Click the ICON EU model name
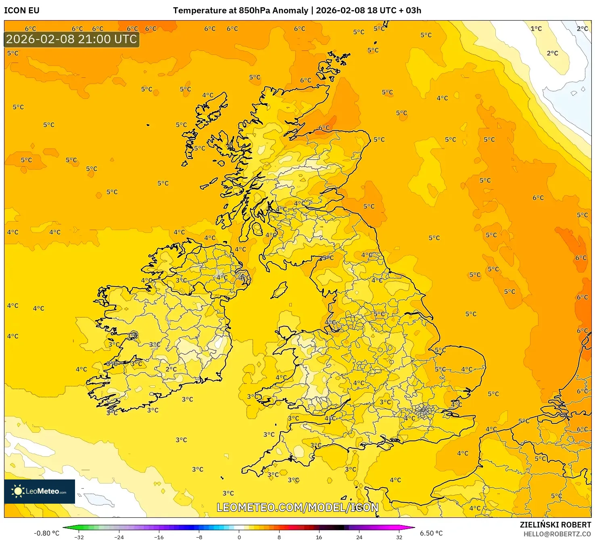(x=22, y=10)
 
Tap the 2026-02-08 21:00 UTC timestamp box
(x=72, y=39)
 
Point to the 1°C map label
(x=536, y=29)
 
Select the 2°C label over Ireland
(x=171, y=369)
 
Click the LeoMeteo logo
(x=40, y=491)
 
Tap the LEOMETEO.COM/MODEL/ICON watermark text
(x=298, y=507)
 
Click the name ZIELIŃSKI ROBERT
(x=555, y=525)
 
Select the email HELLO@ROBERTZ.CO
(x=557, y=534)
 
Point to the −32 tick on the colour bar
(x=79, y=537)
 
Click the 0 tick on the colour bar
(x=239, y=537)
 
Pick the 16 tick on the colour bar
(x=319, y=537)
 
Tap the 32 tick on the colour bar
(x=399, y=537)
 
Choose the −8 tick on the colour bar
(x=199, y=537)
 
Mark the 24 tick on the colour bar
(x=359, y=537)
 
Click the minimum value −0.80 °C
(x=46, y=533)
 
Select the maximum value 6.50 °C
(x=431, y=533)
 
